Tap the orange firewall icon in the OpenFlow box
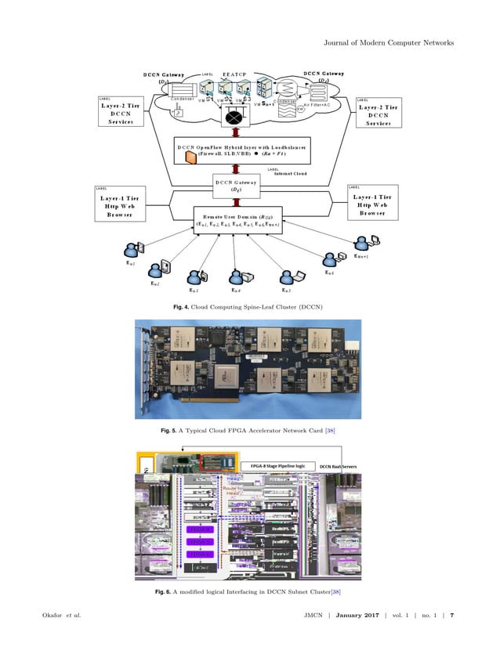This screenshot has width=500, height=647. coord(189,157)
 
